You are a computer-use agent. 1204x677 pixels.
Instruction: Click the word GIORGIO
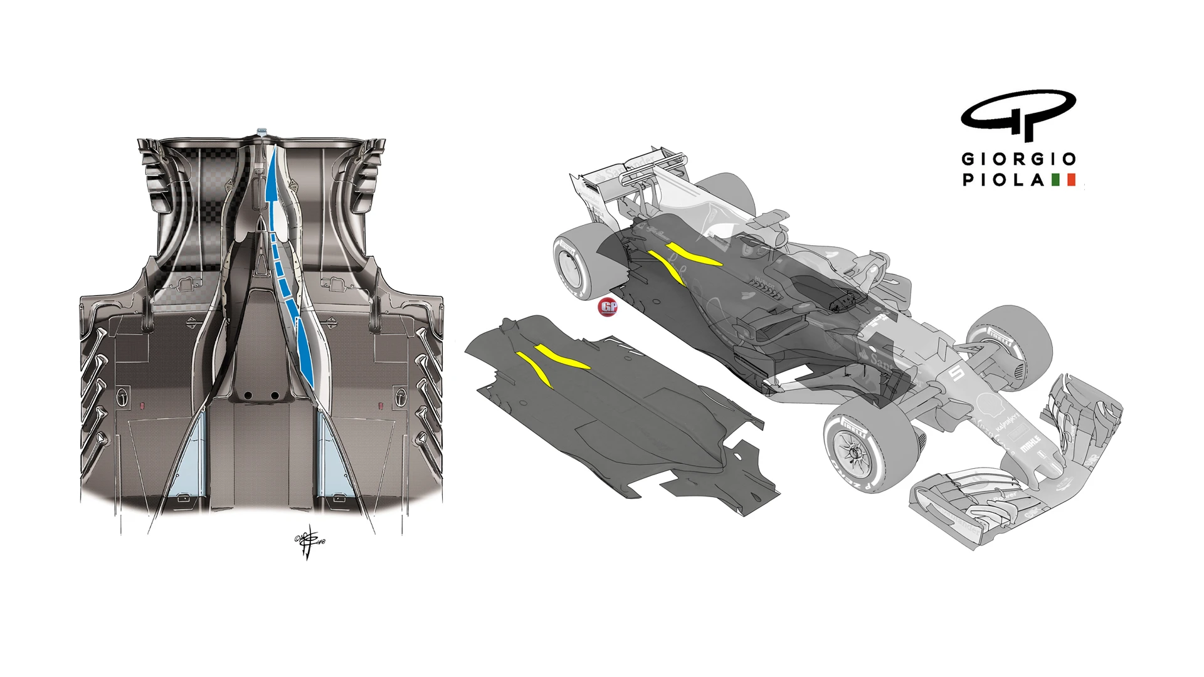click(1019, 159)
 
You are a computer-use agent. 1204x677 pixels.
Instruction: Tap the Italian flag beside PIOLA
click(1064, 180)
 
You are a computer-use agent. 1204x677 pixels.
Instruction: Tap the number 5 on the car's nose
click(957, 374)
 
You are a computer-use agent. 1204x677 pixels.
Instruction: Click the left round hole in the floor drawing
click(248, 396)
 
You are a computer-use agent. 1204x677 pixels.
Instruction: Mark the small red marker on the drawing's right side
click(381, 406)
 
